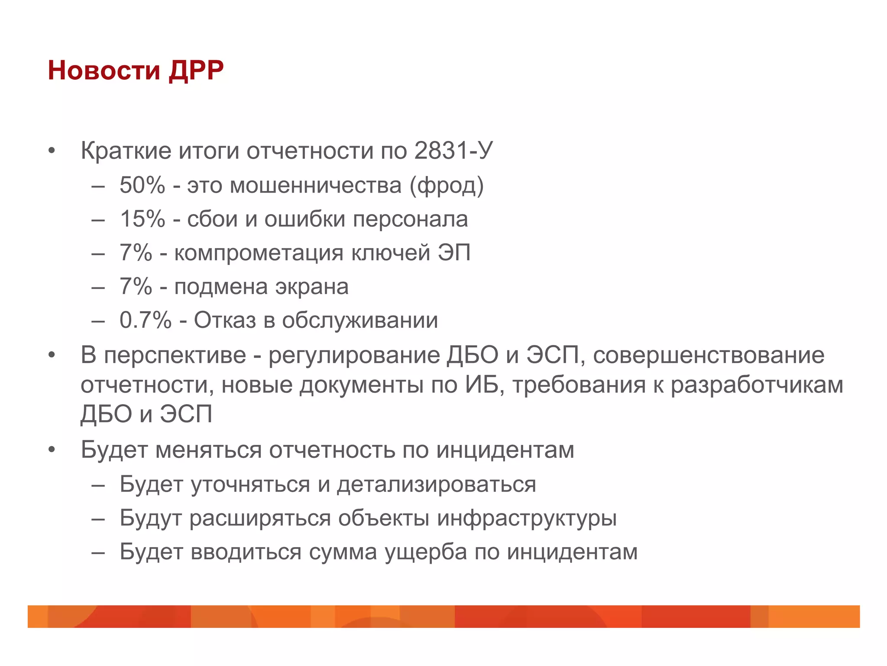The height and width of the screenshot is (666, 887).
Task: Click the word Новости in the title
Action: (x=104, y=70)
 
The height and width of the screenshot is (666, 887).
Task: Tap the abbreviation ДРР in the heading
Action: (x=196, y=70)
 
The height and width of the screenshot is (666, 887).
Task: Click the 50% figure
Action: (x=142, y=185)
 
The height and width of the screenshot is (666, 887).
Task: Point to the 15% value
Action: (x=142, y=219)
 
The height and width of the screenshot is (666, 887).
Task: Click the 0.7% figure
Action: (x=146, y=320)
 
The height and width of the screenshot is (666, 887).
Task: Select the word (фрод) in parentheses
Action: (x=447, y=186)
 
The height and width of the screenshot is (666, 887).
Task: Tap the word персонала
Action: (x=410, y=219)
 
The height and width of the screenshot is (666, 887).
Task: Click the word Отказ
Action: (x=225, y=320)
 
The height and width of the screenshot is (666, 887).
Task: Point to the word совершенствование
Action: (x=709, y=355)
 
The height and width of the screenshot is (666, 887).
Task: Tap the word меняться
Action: (x=208, y=450)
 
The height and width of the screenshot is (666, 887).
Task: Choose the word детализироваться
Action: (x=437, y=484)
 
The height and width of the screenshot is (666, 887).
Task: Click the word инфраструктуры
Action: (x=527, y=518)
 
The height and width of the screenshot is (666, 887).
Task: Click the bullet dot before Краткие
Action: (x=52, y=151)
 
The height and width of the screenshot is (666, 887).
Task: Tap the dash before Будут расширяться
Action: (x=98, y=518)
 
